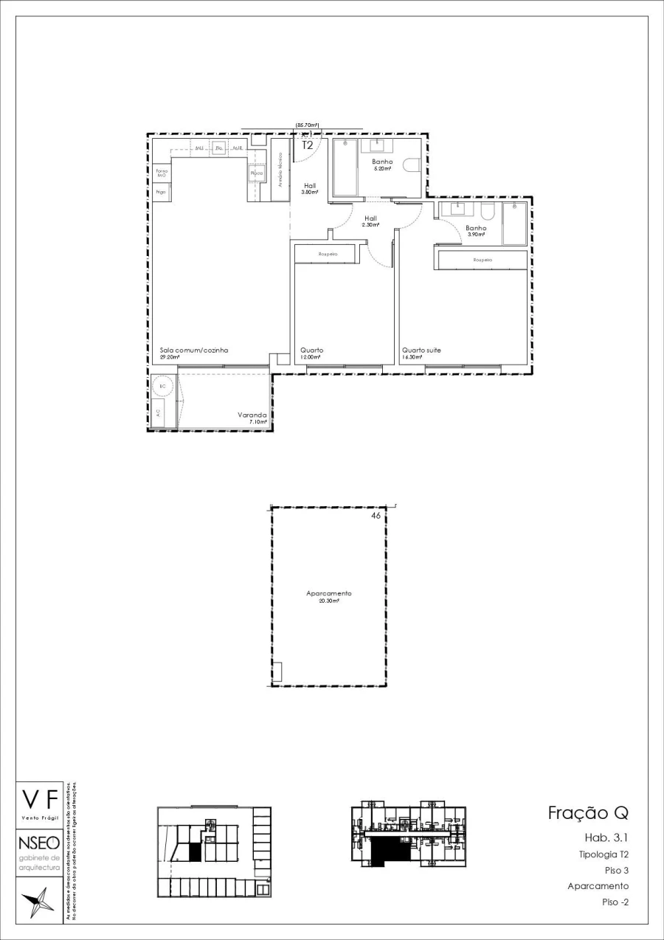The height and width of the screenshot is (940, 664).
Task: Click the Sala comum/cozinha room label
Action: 194,350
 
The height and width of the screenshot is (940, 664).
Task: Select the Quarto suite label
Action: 421,350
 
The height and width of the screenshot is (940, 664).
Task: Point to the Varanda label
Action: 252,415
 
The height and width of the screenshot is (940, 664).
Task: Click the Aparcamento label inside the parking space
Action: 329,593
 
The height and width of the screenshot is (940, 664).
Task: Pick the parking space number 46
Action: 376,516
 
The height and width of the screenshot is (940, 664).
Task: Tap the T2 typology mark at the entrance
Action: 308,145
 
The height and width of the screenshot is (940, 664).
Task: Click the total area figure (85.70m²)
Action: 307,125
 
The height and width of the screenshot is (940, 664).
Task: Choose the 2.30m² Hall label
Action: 370,218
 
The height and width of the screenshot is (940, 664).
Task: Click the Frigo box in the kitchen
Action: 161,192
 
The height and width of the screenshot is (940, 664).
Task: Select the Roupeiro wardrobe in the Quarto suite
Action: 483,260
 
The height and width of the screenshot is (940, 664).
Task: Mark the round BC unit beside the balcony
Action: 162,385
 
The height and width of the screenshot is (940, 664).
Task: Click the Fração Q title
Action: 587,813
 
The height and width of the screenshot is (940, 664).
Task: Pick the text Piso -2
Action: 615,902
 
